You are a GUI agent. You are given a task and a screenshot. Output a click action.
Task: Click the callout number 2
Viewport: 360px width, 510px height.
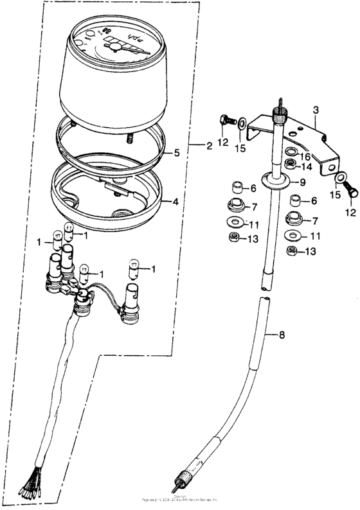click(x=209, y=146)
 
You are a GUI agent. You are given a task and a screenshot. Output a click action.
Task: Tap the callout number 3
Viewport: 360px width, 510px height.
click(x=315, y=110)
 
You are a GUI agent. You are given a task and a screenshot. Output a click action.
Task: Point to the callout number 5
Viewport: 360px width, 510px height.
click(x=177, y=154)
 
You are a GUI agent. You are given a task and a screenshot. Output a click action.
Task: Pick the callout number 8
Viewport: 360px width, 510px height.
click(x=281, y=335)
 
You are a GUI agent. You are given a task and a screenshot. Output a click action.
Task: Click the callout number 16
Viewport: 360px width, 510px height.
click(x=306, y=156)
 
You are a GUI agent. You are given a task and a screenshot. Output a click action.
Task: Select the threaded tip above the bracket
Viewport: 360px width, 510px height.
click(x=280, y=105)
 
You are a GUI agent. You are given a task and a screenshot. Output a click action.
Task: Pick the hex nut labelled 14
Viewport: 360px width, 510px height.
click(x=291, y=166)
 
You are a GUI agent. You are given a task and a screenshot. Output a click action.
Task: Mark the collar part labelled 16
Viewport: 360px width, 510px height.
click(x=291, y=154)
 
